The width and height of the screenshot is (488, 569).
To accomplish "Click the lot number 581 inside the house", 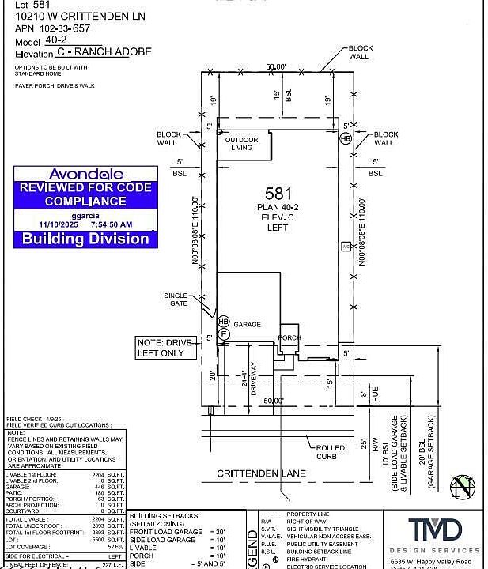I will pyautogui.click(x=278, y=192).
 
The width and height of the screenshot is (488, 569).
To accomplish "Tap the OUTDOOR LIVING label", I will pyautogui.click(x=241, y=144).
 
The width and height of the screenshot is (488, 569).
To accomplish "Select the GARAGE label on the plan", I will pyautogui.click(x=247, y=325).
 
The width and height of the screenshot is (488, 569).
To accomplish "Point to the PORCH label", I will pyautogui.click(x=289, y=337).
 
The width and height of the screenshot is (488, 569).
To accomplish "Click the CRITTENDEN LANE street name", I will pyautogui.click(x=261, y=474).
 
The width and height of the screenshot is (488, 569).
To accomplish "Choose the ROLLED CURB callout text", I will pyautogui.click(x=331, y=451).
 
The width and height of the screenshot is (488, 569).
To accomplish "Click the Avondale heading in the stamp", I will pyautogui.click(x=86, y=174).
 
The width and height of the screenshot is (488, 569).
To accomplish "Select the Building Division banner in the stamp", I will pyautogui.click(x=85, y=238).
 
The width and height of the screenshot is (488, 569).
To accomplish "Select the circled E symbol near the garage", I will pyautogui.click(x=224, y=334).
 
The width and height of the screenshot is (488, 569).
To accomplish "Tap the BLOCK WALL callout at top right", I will pyautogui.click(x=361, y=53).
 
